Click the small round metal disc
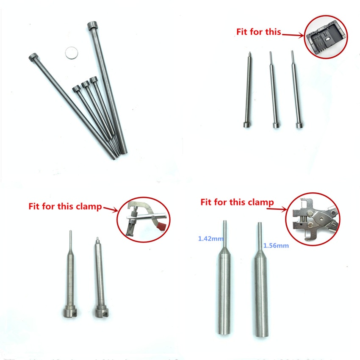click(x=72, y=53)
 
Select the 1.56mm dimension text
click(x=276, y=245)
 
